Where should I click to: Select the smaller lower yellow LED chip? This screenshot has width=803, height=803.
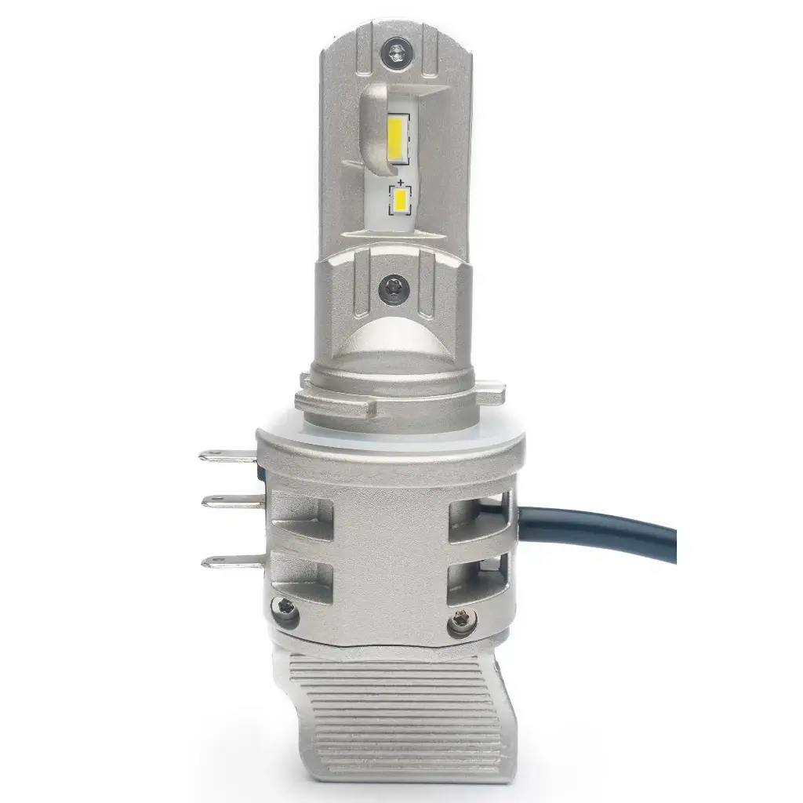[400, 201]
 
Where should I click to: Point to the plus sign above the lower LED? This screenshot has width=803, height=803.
[400, 181]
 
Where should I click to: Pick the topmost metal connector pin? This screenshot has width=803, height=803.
[227, 455]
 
